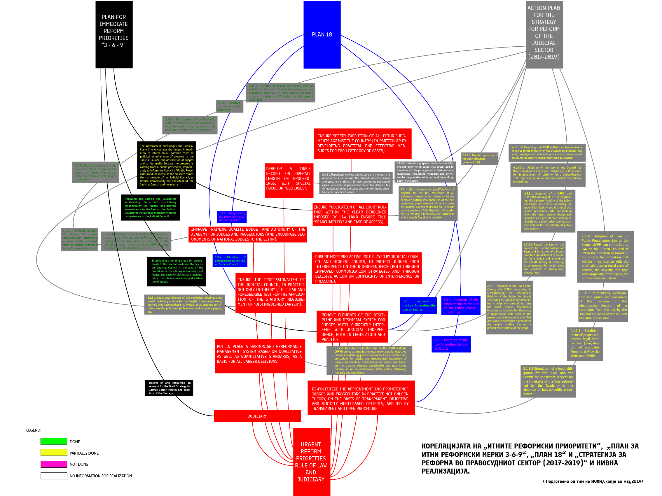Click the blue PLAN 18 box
(x=322, y=35)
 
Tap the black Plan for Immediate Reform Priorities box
(x=114, y=34)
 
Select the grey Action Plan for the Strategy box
(x=544, y=34)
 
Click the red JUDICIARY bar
(x=257, y=416)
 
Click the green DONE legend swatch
(x=54, y=441)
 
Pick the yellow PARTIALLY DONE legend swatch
(x=54, y=453)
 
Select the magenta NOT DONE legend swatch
(x=54, y=464)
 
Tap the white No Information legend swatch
(x=54, y=476)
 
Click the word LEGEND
(x=34, y=430)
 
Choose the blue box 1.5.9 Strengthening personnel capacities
(x=232, y=217)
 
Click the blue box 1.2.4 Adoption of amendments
(x=230, y=261)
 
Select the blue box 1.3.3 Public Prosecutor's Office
(x=461, y=306)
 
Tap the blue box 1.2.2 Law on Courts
(x=451, y=344)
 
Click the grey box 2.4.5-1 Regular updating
(x=479, y=159)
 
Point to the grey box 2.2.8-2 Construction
(x=229, y=106)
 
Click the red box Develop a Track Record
(x=289, y=180)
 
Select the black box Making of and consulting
(x=169, y=388)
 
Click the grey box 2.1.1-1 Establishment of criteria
(x=584, y=344)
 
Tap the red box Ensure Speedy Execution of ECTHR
(x=362, y=143)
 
